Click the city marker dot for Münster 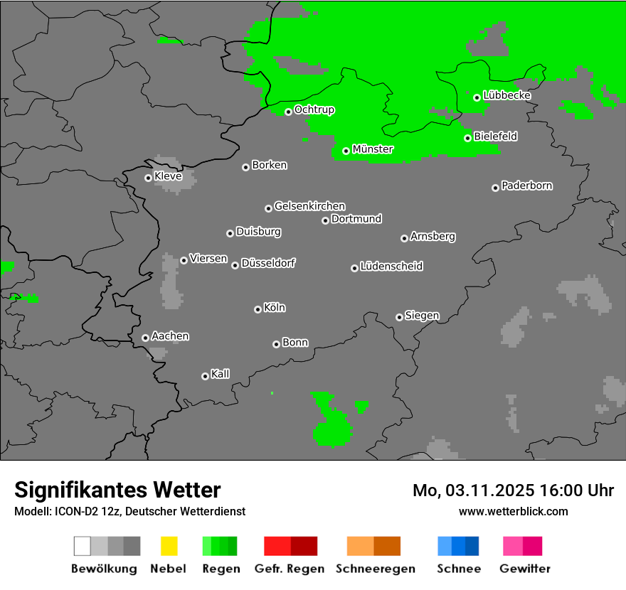tap(346, 151)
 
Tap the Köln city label tap(275, 308)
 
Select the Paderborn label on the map tap(527, 186)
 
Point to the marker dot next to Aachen tap(145, 338)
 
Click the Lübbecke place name tap(507, 95)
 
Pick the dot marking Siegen tap(399, 317)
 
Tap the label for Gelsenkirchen tap(309, 206)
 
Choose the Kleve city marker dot tap(148, 178)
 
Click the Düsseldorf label tap(268, 263)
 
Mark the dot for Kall tap(205, 376)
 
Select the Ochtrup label tap(314, 109)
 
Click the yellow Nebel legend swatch tap(169, 546)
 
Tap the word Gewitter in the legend tap(525, 569)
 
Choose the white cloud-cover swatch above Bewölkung tap(82, 546)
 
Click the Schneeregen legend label tap(375, 569)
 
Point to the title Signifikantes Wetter tap(117, 490)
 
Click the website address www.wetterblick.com tap(513, 511)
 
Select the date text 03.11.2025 tap(491, 490)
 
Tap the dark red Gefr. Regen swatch tap(304, 546)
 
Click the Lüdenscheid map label tap(391, 266)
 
